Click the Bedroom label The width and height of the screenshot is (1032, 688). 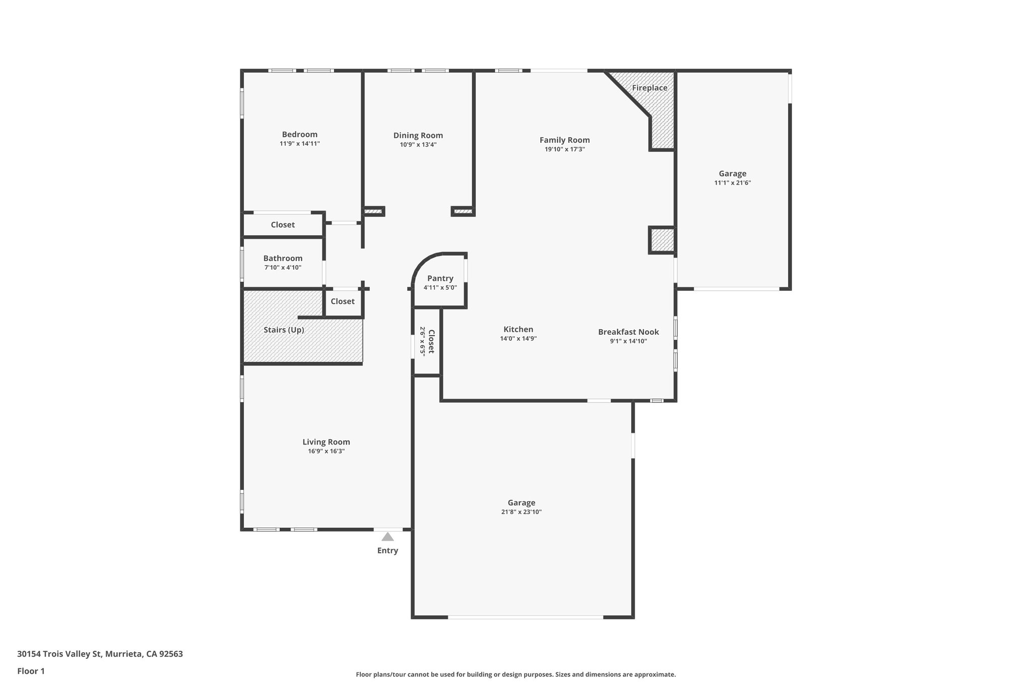click(299, 135)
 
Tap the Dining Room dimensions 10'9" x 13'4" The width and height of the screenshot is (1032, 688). click(418, 145)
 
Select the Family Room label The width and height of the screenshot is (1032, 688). click(564, 140)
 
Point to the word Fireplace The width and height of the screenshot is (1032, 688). click(650, 88)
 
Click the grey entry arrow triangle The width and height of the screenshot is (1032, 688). click(388, 537)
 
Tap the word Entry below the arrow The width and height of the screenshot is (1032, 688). click(388, 550)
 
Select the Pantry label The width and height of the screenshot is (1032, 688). click(440, 278)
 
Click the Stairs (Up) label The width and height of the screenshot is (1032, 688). click(284, 330)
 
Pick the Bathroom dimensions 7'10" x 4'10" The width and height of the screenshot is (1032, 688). click(283, 268)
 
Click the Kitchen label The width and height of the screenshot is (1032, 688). click(518, 329)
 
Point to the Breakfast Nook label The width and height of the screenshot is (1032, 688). click(628, 332)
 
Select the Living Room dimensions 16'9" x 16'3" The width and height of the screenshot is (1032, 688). click(326, 451)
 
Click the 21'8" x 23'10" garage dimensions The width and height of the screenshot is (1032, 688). click(521, 512)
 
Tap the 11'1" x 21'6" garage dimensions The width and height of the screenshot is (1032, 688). click(732, 183)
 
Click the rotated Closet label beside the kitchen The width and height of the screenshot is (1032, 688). click(431, 341)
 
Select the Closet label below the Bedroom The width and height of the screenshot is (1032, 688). click(283, 225)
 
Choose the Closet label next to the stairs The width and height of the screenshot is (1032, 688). click(342, 301)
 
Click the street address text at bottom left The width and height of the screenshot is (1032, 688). click(100, 654)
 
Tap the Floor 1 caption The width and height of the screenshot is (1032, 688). click(31, 671)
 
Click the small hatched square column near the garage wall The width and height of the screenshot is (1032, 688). click(661, 240)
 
